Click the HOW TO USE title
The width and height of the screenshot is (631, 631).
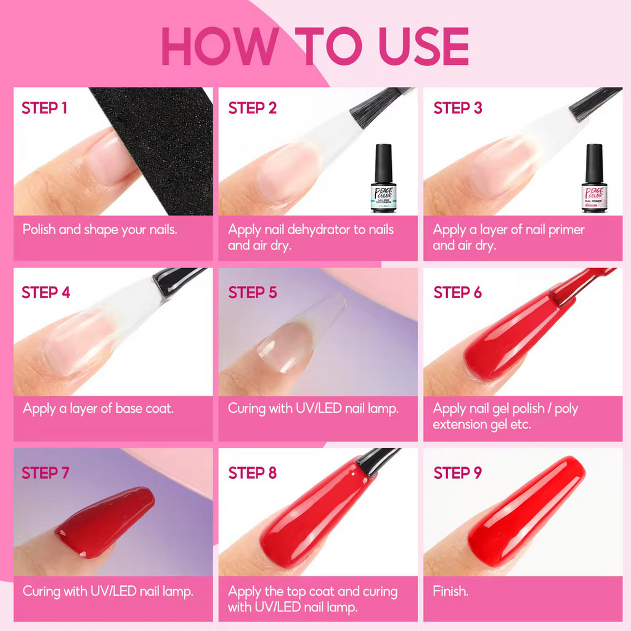tap(315, 46)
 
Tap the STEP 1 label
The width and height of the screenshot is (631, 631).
tap(44, 108)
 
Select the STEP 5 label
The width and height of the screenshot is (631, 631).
tap(252, 293)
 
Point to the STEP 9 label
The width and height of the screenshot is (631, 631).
tap(458, 473)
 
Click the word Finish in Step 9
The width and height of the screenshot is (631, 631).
tap(450, 591)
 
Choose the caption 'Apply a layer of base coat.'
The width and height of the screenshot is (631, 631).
tap(98, 409)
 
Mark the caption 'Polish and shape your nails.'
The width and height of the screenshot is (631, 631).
tap(100, 230)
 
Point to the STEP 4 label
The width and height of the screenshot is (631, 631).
tap(46, 293)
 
